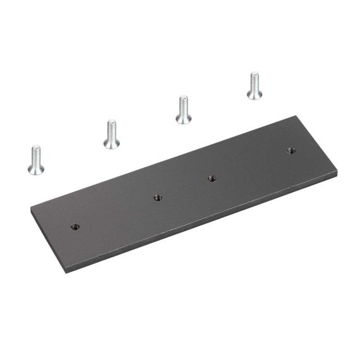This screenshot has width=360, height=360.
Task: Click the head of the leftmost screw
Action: point(36,168)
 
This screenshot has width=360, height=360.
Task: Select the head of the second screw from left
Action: point(112,143)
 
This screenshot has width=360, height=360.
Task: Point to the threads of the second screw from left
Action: point(112,129)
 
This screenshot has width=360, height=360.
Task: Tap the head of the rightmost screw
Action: point(255,94)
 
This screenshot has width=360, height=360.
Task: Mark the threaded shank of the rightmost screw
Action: point(255,80)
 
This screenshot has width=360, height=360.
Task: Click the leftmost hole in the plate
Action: point(75,226)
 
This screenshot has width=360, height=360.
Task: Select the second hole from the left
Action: point(157,198)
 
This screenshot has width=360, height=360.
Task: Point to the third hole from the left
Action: point(212,179)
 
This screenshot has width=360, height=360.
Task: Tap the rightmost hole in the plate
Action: point(291,150)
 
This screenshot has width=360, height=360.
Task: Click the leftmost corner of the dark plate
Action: point(31,209)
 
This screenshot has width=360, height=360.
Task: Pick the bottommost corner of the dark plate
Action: point(66,272)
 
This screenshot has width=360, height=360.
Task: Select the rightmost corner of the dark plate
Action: point(337,172)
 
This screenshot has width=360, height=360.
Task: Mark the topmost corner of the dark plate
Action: point(296,116)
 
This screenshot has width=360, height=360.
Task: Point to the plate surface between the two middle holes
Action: point(184,188)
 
